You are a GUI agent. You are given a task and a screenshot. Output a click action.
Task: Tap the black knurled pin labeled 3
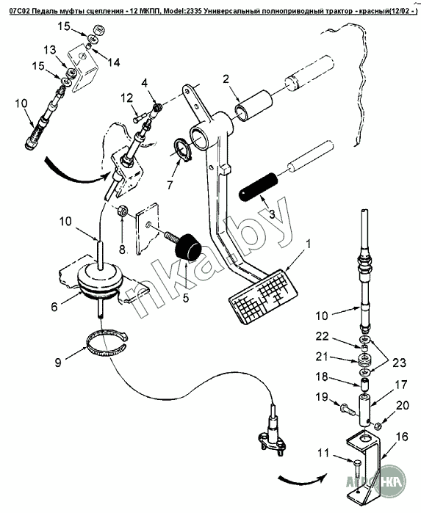258,186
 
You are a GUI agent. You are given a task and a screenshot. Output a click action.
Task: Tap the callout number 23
399,363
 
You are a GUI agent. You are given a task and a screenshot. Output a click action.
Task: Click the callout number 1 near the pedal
308,244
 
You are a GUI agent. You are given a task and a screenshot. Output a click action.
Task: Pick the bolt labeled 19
347,409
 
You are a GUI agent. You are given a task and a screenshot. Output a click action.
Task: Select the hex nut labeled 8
121,210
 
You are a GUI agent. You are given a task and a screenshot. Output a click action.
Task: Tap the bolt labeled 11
357,467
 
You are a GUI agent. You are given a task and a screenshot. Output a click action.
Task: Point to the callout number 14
113,62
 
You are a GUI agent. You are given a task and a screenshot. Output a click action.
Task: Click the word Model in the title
173,12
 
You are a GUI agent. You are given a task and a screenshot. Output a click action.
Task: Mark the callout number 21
321,356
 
